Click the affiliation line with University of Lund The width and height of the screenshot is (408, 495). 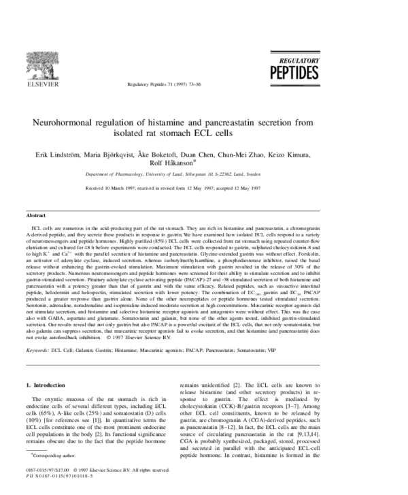[x=204, y=176]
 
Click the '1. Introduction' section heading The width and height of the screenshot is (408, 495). [x=48, y=385]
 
